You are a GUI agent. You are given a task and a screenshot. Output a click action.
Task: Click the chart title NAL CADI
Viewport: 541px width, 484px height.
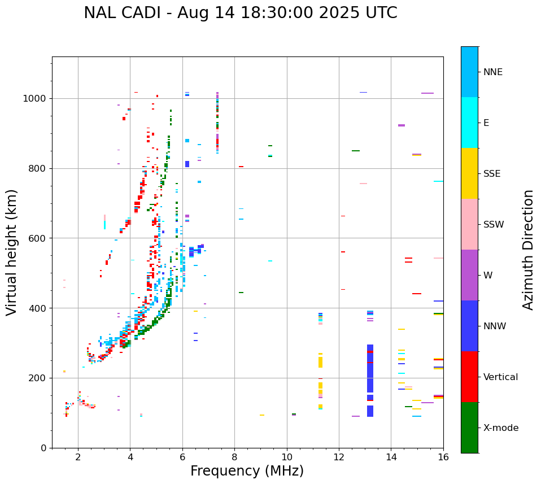tap(240, 13)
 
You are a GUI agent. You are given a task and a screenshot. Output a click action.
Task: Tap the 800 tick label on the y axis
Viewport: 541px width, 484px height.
tap(37, 168)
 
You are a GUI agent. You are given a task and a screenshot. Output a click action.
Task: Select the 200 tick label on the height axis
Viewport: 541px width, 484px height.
tap(37, 378)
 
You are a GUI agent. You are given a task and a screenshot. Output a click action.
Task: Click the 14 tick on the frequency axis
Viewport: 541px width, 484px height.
tap(391, 448)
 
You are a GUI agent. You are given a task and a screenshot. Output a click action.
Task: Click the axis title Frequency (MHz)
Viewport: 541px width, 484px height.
tap(247, 471)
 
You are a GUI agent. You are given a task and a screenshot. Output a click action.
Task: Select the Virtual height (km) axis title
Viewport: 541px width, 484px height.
tap(12, 252)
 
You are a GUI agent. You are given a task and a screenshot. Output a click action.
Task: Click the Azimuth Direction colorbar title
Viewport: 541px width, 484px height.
tap(528, 249)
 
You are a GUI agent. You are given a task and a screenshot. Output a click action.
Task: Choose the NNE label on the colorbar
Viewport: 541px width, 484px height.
tap(493, 72)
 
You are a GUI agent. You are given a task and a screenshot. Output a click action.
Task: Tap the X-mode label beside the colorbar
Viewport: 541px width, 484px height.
tap(501, 428)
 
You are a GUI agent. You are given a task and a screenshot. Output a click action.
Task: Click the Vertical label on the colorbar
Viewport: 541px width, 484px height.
tap(500, 377)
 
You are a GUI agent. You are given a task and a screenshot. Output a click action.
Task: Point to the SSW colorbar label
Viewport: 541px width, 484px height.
tap(494, 225)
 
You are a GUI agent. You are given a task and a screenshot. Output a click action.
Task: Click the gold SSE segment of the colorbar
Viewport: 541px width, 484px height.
tap(469, 173)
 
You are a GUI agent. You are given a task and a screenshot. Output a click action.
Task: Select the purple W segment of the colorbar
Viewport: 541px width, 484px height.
tap(469, 275)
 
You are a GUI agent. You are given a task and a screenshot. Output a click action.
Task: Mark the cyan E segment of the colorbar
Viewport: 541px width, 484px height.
tap(469, 123)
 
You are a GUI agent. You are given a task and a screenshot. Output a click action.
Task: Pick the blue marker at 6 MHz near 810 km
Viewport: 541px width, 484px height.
tap(187, 164)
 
